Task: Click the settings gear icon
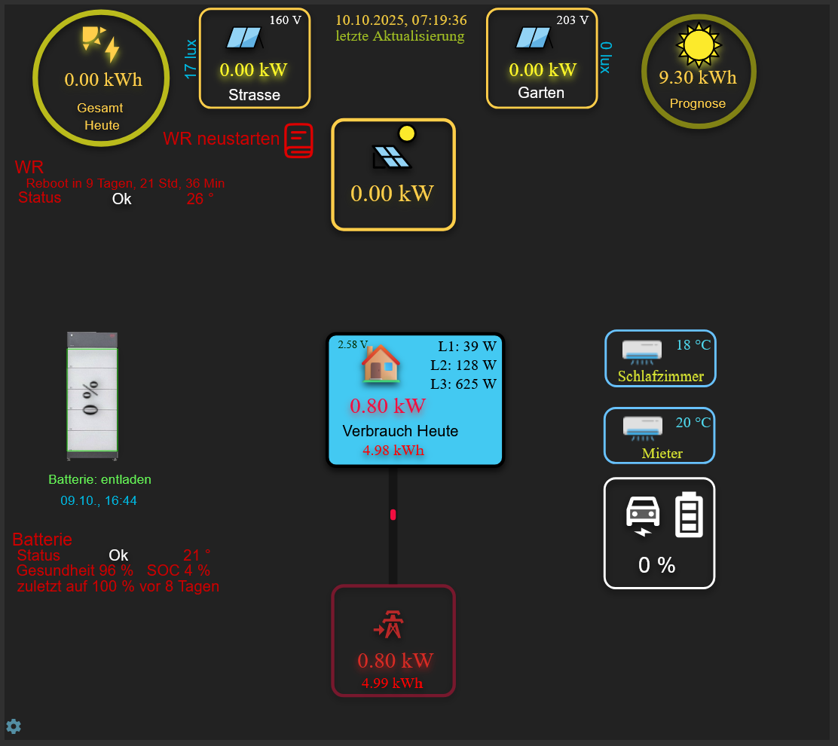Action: click(14, 726)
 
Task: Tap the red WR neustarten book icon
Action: click(298, 141)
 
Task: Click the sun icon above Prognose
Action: click(699, 44)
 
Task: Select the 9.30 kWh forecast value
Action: click(698, 78)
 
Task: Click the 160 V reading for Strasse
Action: click(285, 20)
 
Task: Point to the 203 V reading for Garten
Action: click(572, 20)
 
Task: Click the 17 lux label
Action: click(191, 59)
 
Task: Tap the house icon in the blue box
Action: click(381, 364)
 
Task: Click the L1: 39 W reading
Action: click(467, 346)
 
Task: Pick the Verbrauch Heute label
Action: click(400, 431)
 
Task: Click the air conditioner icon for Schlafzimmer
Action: click(642, 350)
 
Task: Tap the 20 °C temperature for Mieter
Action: click(693, 423)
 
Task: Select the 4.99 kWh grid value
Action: click(392, 683)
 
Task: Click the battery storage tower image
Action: click(92, 396)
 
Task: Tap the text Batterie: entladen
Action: click(99, 479)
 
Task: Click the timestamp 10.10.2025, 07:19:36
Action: click(401, 20)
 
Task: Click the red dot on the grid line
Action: click(393, 515)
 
